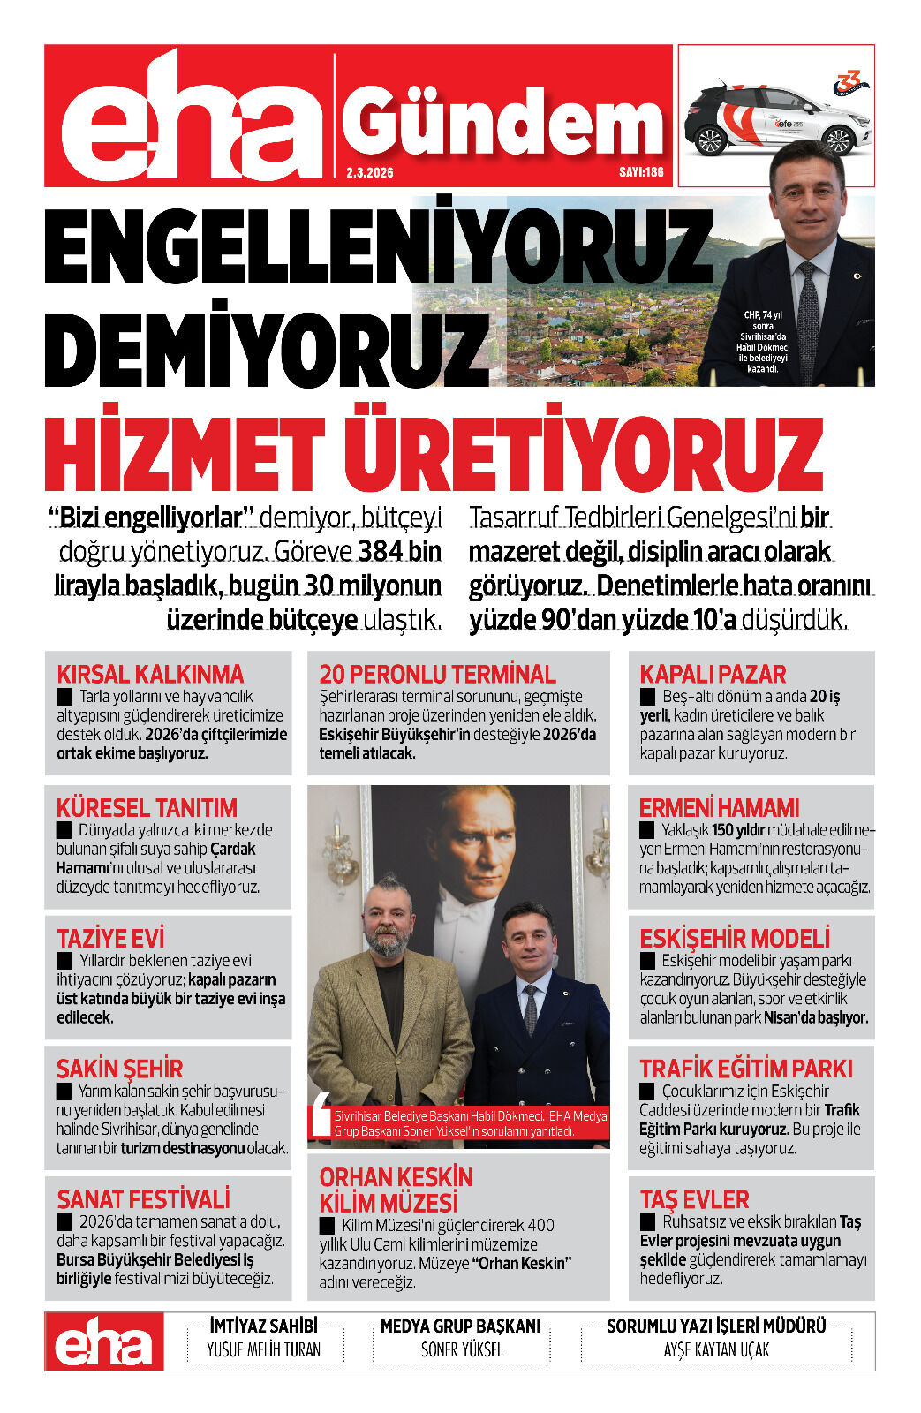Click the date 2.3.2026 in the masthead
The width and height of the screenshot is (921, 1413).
tap(370, 172)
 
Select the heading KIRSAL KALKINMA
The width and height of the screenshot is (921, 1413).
tap(150, 674)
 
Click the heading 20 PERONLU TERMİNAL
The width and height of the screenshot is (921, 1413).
tap(437, 674)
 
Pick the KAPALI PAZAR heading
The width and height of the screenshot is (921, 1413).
tap(713, 674)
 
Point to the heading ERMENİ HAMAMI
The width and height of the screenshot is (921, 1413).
tap(719, 807)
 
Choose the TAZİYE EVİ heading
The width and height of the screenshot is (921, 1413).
tap(110, 938)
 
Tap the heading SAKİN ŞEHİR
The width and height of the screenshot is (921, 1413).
tap(119, 1069)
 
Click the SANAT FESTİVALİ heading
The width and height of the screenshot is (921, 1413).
tap(143, 1198)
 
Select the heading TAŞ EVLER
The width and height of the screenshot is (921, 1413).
tap(694, 1199)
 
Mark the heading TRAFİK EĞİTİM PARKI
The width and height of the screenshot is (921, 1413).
tap(746, 1069)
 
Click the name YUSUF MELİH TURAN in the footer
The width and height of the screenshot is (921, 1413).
tap(263, 1349)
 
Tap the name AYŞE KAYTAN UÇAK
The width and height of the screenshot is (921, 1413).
tap(716, 1349)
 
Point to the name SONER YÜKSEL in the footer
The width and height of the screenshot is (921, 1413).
tap(461, 1349)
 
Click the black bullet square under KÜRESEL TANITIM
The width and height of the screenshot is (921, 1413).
tap(64, 830)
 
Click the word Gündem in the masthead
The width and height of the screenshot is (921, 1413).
tap(502, 124)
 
